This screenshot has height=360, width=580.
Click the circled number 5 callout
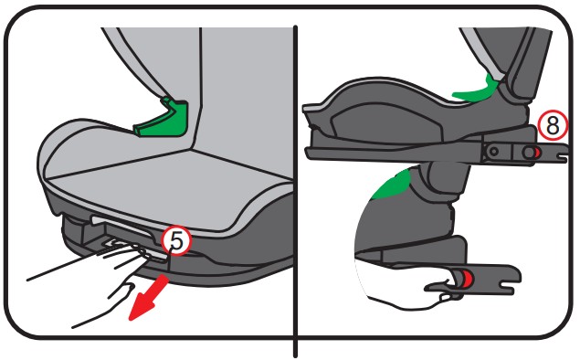point(176,240)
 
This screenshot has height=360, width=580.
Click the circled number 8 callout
point(553,125)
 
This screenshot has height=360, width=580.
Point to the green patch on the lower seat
point(393,184)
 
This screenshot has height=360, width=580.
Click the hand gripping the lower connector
point(403,285)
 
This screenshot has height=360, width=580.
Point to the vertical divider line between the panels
point(295,191)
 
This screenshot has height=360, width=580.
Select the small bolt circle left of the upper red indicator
point(493,151)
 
